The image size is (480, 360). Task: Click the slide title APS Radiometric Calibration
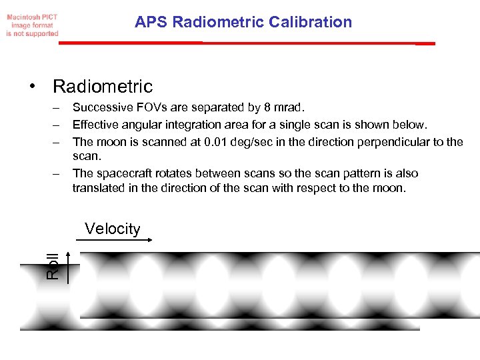point(243,22)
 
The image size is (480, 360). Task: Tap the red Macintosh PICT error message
point(33,24)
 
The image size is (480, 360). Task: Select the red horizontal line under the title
point(247,43)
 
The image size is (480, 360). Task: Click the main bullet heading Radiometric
point(103,87)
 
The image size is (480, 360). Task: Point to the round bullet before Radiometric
point(32,87)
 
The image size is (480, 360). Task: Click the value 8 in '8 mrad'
point(267,107)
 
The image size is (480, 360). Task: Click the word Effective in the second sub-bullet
point(95,125)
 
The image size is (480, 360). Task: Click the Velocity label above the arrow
point(113,229)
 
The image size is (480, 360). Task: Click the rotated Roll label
point(53,265)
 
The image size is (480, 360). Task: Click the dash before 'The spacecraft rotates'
point(59,173)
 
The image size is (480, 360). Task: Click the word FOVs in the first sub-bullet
point(143,107)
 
